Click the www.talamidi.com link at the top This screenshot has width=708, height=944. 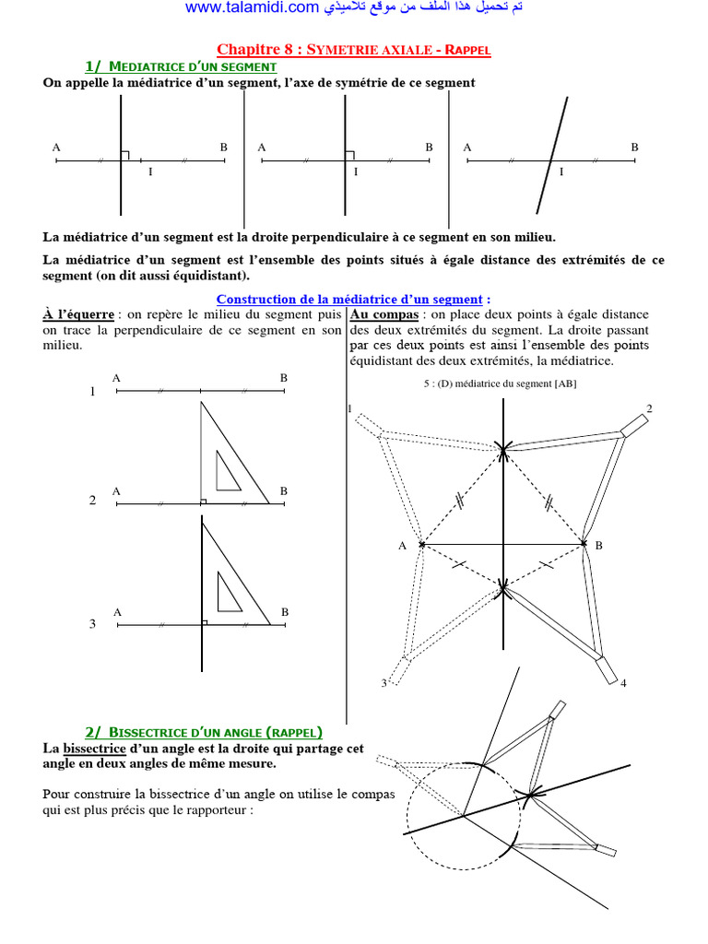[x=253, y=8]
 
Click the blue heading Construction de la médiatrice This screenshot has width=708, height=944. [x=348, y=299]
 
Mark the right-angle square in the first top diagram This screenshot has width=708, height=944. [x=124, y=156]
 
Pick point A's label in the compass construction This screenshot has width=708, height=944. [x=402, y=546]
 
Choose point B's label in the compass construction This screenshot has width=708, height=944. [x=598, y=546]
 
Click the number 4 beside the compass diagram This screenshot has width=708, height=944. [x=623, y=683]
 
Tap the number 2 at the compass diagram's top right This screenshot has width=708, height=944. [x=649, y=408]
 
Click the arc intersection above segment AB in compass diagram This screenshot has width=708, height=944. [x=502, y=449]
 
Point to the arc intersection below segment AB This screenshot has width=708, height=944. [x=502, y=585]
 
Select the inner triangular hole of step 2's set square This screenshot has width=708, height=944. [x=227, y=471]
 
